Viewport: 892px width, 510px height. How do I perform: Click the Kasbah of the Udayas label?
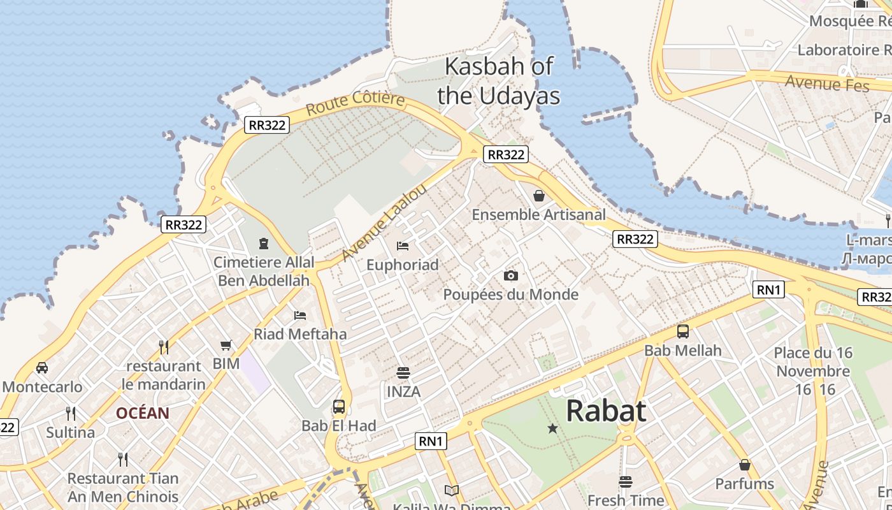click(498, 80)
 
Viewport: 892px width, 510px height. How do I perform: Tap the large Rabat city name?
click(606, 411)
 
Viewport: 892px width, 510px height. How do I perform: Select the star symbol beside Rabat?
click(552, 428)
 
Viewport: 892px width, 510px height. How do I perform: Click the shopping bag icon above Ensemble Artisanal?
click(539, 196)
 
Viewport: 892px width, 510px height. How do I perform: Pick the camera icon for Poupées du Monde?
click(510, 275)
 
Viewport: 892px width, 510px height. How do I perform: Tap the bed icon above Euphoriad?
click(402, 245)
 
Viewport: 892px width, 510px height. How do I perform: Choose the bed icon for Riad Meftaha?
click(300, 315)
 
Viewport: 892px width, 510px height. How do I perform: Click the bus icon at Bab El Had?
click(339, 406)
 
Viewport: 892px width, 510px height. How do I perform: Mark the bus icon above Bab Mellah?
click(683, 331)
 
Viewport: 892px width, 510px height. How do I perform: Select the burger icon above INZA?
click(403, 372)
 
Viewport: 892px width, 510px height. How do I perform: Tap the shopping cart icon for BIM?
click(226, 345)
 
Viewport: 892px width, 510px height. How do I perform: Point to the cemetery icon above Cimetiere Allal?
click(263, 243)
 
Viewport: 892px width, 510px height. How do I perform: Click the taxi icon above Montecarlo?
click(42, 367)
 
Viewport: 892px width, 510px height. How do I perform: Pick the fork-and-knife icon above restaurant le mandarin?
click(164, 347)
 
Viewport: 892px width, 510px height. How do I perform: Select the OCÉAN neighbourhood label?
click(143, 413)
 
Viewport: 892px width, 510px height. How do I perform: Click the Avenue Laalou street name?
click(384, 222)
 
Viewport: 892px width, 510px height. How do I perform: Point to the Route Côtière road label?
click(355, 103)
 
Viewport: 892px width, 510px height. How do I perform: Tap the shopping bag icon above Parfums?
click(744, 465)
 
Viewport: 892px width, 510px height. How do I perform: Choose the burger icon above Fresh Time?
click(626, 481)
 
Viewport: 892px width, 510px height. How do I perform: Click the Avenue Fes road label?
click(827, 83)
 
